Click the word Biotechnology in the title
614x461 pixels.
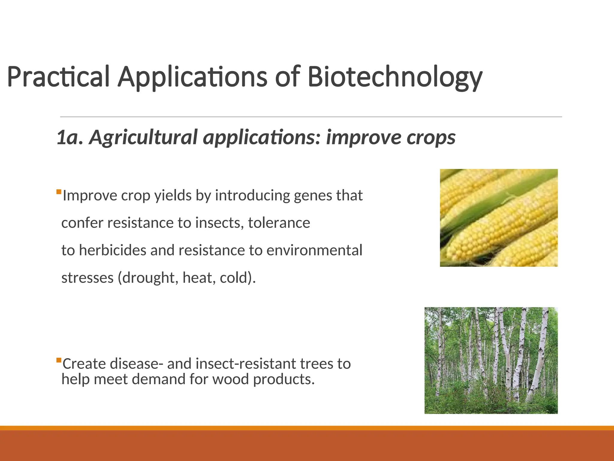[395, 77]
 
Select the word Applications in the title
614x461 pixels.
[192, 77]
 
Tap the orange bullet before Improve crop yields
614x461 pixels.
[59, 191]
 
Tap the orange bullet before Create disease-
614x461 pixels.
[59, 360]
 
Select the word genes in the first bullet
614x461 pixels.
[313, 196]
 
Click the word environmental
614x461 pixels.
[314, 250]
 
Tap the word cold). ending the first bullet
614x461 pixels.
[238, 278]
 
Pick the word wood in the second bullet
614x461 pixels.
[231, 379]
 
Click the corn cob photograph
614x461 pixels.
[499, 218]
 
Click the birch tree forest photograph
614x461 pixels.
[491, 360]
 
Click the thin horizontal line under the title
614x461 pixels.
[311, 117]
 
